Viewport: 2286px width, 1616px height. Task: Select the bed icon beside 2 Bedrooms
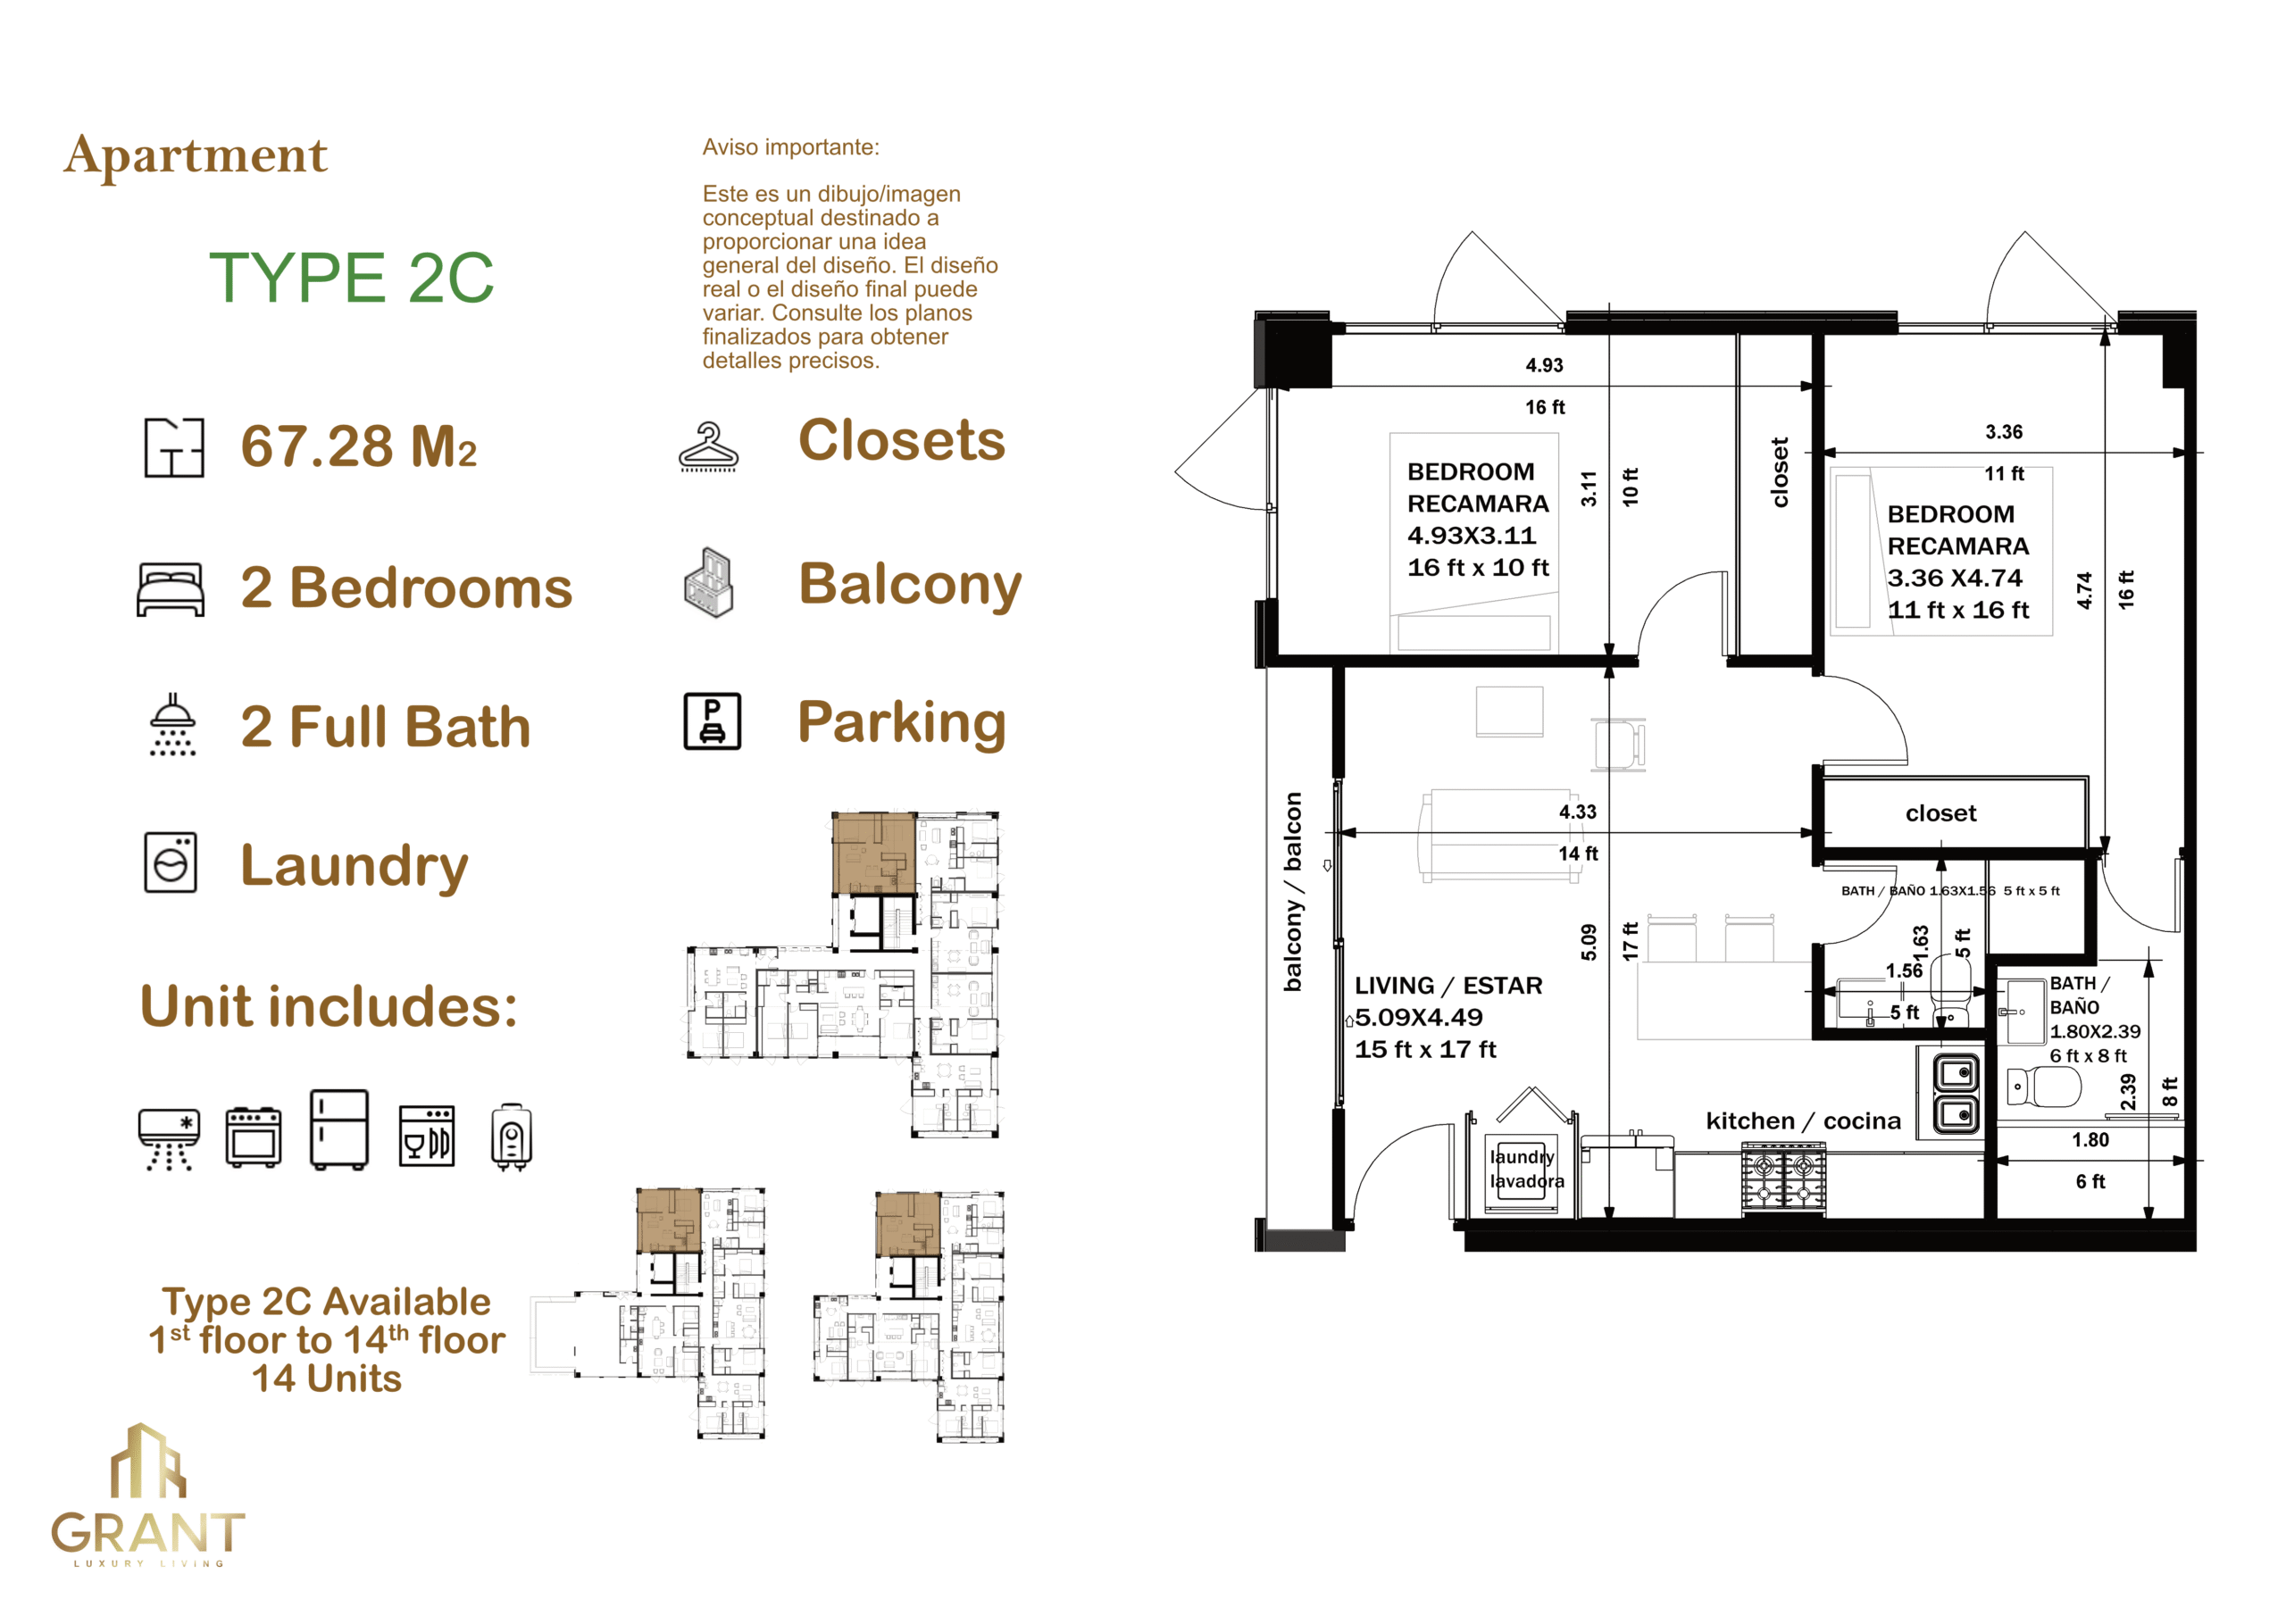pos(171,589)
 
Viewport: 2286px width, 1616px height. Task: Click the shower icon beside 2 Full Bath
pos(172,725)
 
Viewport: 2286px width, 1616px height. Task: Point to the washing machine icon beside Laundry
pos(171,862)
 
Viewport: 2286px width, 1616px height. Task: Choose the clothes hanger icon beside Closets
pos(708,447)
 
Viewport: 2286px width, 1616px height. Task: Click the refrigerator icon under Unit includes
pos(339,1129)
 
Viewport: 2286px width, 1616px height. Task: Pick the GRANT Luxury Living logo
pos(147,1495)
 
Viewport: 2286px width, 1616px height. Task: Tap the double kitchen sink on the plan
pos(1957,1094)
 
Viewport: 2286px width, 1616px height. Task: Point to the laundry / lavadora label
pos(1526,1169)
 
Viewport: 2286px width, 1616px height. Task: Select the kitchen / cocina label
pos(1803,1121)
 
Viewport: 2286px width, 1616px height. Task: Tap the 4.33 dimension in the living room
pos(1577,812)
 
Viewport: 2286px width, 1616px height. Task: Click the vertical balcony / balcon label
pos(1292,892)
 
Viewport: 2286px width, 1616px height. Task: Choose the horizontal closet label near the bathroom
pos(1940,813)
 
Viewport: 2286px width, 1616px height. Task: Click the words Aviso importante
pos(790,147)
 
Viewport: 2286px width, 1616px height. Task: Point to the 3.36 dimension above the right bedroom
pos(2003,431)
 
